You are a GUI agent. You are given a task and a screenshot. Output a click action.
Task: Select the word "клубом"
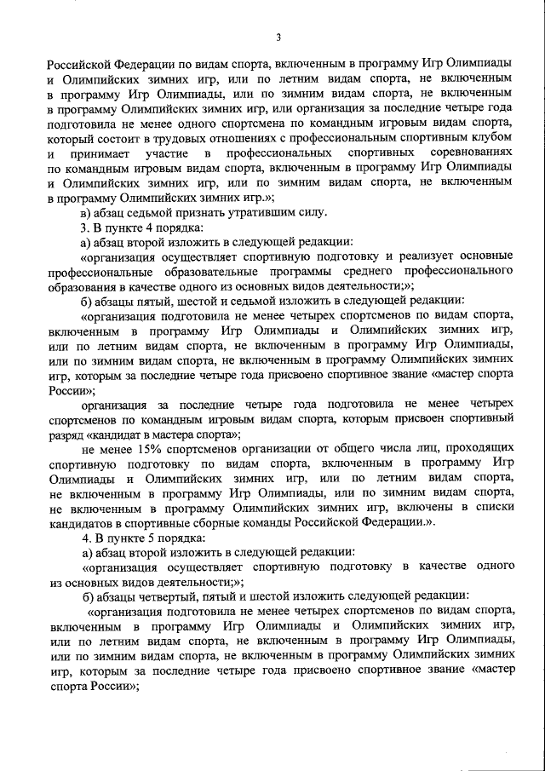(493, 137)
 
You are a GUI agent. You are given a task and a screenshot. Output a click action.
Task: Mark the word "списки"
(492, 507)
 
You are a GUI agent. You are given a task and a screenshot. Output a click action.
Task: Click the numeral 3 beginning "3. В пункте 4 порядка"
(83, 227)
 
